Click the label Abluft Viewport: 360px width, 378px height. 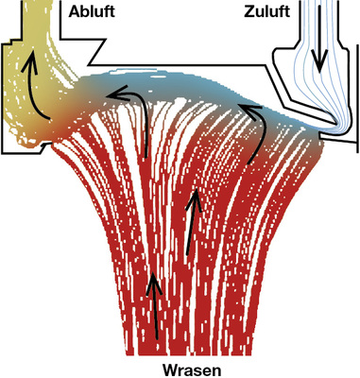click(x=93, y=10)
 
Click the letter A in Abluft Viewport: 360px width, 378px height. click(x=75, y=10)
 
